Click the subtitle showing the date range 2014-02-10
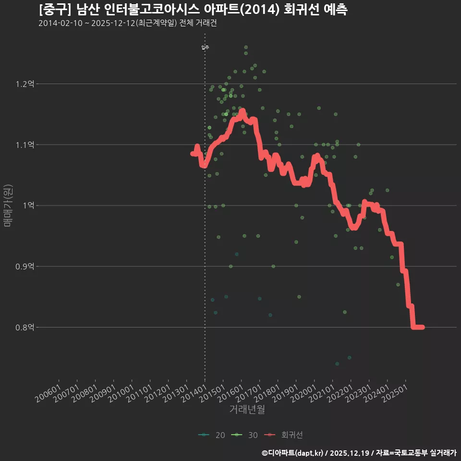127,24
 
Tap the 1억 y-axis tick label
28,206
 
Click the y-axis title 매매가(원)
8,206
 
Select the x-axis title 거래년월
247,409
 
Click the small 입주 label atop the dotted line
205,47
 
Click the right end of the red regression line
422,327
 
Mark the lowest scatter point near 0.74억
337,364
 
